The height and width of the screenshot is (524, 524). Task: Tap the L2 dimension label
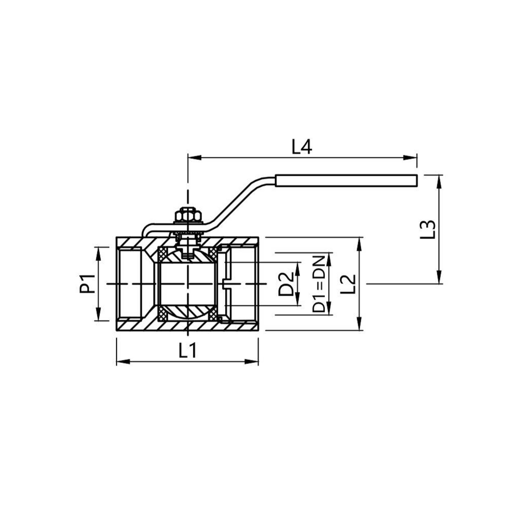pyautogui.click(x=348, y=284)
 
